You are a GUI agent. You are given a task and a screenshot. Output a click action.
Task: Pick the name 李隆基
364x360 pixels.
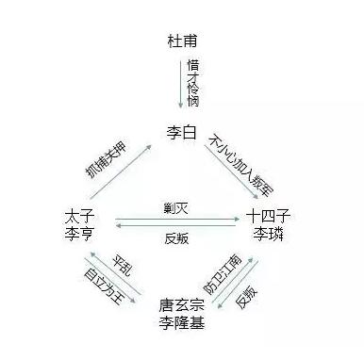tap(182, 324)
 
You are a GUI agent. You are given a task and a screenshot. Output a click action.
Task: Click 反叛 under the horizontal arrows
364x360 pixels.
tap(177, 238)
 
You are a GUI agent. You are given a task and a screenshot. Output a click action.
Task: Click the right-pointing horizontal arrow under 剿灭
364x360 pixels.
tap(177, 220)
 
